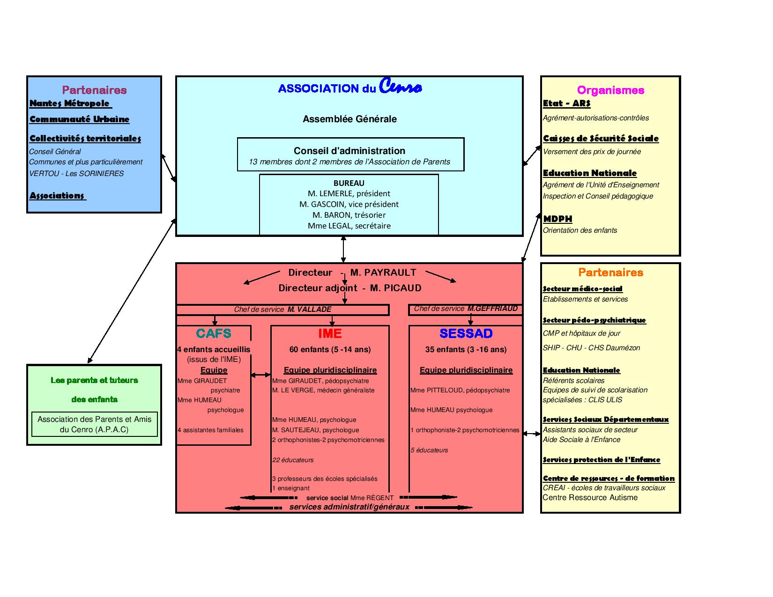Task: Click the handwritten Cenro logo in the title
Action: pos(400,86)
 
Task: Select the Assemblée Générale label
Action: pos(349,119)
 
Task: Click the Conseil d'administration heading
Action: pos(349,150)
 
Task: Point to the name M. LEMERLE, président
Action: pos(349,193)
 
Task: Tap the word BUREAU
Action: pos(349,183)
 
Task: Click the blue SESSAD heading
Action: pos(466,333)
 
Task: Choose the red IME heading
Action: pos(330,333)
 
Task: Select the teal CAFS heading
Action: pos(214,333)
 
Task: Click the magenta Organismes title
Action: pos(610,90)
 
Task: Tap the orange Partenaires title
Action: pos(610,272)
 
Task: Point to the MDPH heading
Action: pos(557,219)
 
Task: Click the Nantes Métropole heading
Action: pos(70,103)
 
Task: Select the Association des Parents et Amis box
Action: pos(94,424)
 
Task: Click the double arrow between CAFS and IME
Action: pos(260,375)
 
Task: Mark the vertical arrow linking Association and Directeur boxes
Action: pos(343,249)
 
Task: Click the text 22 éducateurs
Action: pos(293,460)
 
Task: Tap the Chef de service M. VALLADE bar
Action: pos(282,310)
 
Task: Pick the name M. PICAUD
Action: pos(395,287)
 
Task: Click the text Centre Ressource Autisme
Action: pos(590,497)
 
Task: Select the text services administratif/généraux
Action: pos(349,507)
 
